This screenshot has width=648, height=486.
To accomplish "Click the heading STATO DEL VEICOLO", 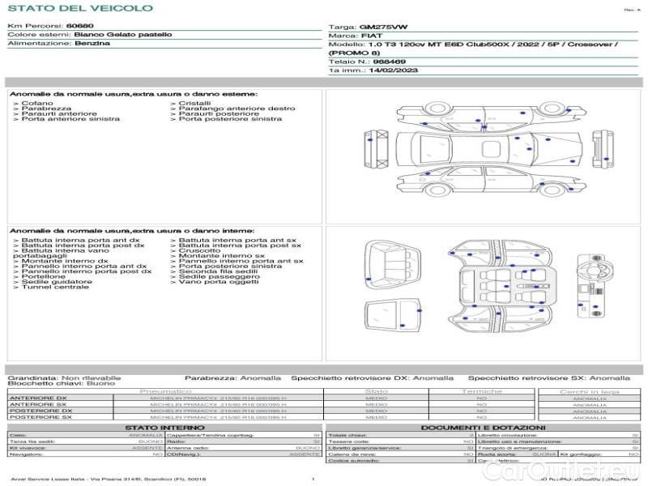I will pyautogui.click(x=79, y=8).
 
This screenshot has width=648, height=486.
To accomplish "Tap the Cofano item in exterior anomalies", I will pyautogui.click(x=37, y=104).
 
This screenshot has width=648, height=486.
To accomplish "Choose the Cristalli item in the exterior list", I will pyautogui.click(x=195, y=104).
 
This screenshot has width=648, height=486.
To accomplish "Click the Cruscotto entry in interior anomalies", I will pyautogui.click(x=199, y=251).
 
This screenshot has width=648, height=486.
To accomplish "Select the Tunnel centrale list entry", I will pyautogui.click(x=55, y=288).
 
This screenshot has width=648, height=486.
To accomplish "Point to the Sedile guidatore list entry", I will pyautogui.click(x=57, y=282).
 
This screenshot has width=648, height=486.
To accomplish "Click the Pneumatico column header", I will pyautogui.click(x=166, y=392).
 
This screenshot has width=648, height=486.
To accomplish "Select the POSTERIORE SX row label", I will pyautogui.click(x=38, y=417).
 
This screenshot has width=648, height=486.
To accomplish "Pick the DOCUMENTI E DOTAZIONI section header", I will pyautogui.click(x=483, y=427).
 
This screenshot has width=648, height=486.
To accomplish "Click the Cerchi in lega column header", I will pyautogui.click(x=589, y=392).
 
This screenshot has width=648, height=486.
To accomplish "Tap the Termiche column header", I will pyautogui.click(x=482, y=392).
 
